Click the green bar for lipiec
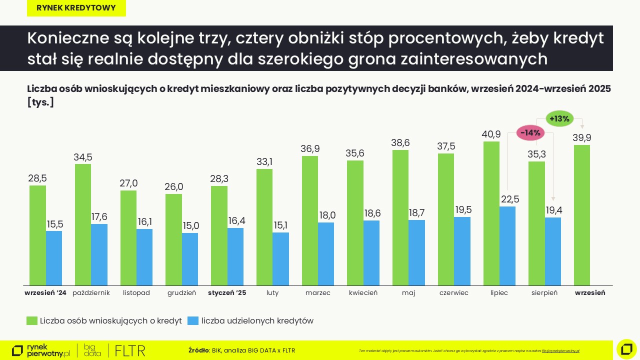[x=491, y=213]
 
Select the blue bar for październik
[x=99, y=254]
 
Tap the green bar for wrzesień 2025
[x=582, y=215]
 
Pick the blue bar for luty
[x=280, y=259]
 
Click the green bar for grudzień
[x=173, y=239]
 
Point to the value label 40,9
[x=491, y=134]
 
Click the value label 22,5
[x=509, y=199]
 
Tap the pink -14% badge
[x=530, y=133]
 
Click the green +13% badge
[x=559, y=118]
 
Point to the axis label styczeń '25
[x=227, y=293]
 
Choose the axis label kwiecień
[x=363, y=293]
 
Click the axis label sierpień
[x=544, y=293]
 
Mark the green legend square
[x=32, y=321]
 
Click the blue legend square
[x=193, y=321]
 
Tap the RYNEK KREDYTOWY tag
[x=76, y=8]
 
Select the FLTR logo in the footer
[x=130, y=350]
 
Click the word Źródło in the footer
[x=198, y=350]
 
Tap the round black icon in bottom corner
[x=626, y=349]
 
